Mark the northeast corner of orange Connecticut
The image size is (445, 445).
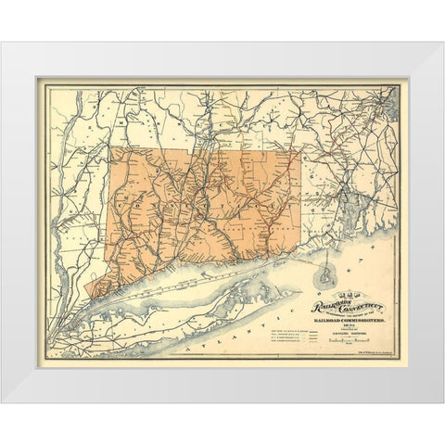point(300,151)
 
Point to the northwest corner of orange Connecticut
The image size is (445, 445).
point(110,147)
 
